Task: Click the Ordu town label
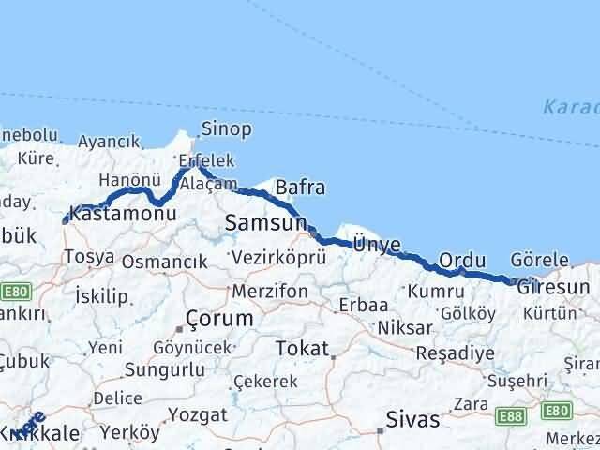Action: (462, 260)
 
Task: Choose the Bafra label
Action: (300, 187)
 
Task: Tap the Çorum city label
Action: (219, 319)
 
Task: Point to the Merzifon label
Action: (270, 292)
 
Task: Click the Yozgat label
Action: (193, 414)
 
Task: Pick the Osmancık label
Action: (164, 262)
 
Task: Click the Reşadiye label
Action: (455, 353)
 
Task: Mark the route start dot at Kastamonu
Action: (65, 221)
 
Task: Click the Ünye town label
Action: (376, 245)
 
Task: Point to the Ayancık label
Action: (110, 142)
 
